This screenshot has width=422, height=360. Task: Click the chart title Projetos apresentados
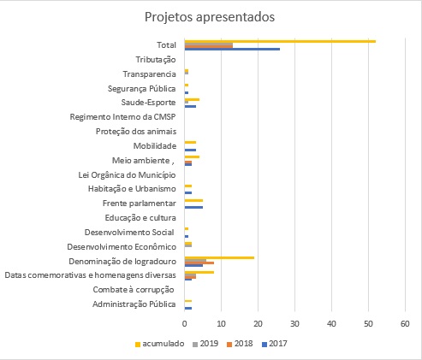pyautogui.click(x=210, y=17)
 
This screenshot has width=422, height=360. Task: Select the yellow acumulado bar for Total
pyautogui.click(x=280, y=41)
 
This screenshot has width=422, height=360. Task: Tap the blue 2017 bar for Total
pyautogui.click(x=232, y=49)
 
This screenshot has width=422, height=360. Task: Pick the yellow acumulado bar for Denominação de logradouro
pyautogui.click(x=219, y=257)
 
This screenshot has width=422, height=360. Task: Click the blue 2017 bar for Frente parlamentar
pyautogui.click(x=193, y=207)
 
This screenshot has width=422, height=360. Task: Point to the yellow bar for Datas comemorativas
pyautogui.click(x=199, y=272)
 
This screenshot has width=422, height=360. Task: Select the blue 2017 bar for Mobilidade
pyautogui.click(x=190, y=150)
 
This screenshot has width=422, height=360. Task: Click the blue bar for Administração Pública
pyautogui.click(x=188, y=308)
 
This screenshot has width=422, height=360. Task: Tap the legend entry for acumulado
pyautogui.click(x=159, y=344)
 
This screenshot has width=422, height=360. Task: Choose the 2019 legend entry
pyautogui.click(x=205, y=344)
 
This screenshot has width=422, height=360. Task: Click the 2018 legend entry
pyautogui.click(x=240, y=344)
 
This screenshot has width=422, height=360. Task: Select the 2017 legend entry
pyautogui.click(x=275, y=344)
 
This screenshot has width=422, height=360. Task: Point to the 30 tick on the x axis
pyautogui.click(x=294, y=324)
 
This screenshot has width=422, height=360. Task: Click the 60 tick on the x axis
pyautogui.click(x=405, y=324)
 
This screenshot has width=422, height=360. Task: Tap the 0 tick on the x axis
pyautogui.click(x=185, y=324)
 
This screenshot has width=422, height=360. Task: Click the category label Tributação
pyautogui.click(x=156, y=60)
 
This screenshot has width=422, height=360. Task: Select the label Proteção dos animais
pyautogui.click(x=136, y=132)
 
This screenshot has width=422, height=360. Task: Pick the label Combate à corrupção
pyautogui.click(x=134, y=290)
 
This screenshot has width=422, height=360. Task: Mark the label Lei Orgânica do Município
pyautogui.click(x=127, y=175)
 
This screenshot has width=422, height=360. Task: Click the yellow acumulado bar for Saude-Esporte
pyautogui.click(x=192, y=99)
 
